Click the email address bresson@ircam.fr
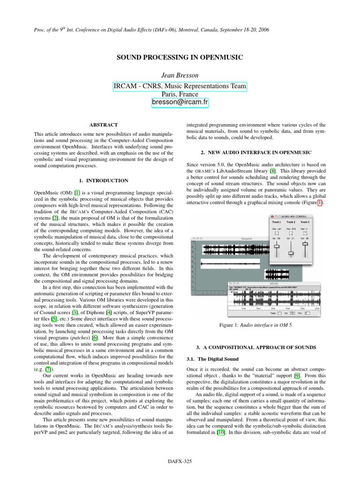[x=180, y=102]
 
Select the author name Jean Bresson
[x=180, y=75]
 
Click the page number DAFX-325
[x=180, y=462]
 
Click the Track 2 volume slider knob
[x=291, y=254]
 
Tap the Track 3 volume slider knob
[x=305, y=243]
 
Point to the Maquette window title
[x=247, y=239]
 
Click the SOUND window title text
[x=273, y=284]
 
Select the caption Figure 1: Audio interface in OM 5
[x=253, y=338]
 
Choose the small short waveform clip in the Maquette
[x=277, y=275]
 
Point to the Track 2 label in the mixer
[x=291, y=222]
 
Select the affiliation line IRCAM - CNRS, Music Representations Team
[x=180, y=87]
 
